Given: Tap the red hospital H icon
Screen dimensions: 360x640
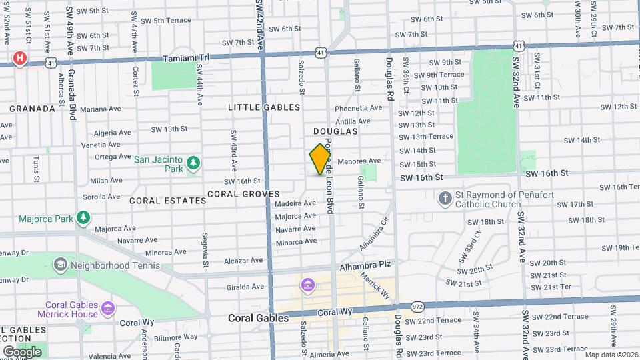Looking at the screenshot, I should click(x=20, y=59).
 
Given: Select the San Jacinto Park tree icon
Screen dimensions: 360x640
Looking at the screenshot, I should click(x=193, y=163).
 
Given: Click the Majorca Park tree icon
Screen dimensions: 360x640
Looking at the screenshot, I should click(x=83, y=218).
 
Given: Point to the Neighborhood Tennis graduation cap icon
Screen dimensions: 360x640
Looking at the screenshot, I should click(x=60, y=265).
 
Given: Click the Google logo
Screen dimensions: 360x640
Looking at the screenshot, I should click(x=22, y=351).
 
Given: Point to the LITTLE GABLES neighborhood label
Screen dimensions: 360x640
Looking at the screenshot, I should click(x=264, y=107).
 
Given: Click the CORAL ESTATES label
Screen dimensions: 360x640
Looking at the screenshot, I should click(x=158, y=200).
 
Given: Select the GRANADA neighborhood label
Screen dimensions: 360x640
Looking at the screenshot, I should click(x=32, y=108).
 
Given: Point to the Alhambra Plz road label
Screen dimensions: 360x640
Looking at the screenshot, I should click(x=364, y=265).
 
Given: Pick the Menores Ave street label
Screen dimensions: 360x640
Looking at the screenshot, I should click(x=359, y=161).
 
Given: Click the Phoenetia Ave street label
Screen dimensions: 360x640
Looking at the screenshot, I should click(x=358, y=108).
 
